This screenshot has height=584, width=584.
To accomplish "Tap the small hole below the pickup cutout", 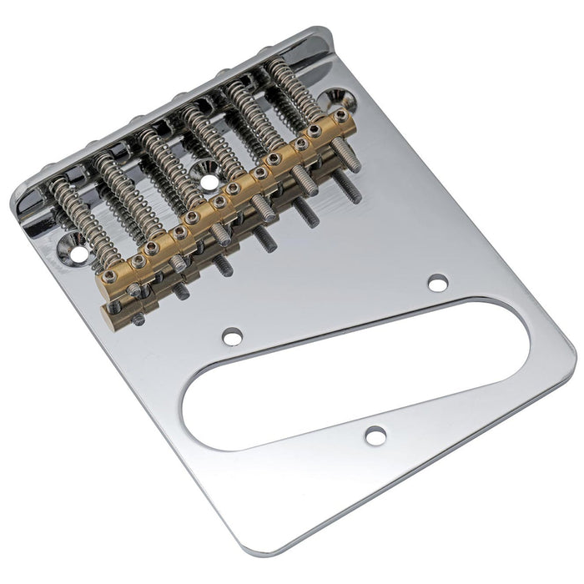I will (x=375, y=435).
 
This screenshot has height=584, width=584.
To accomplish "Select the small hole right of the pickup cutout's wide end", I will (x=437, y=284).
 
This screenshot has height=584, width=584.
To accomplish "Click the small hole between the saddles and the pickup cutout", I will (x=233, y=336).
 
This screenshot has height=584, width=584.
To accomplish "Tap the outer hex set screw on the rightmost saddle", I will (x=340, y=114).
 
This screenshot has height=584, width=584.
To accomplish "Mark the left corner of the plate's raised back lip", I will (x=18, y=200).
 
